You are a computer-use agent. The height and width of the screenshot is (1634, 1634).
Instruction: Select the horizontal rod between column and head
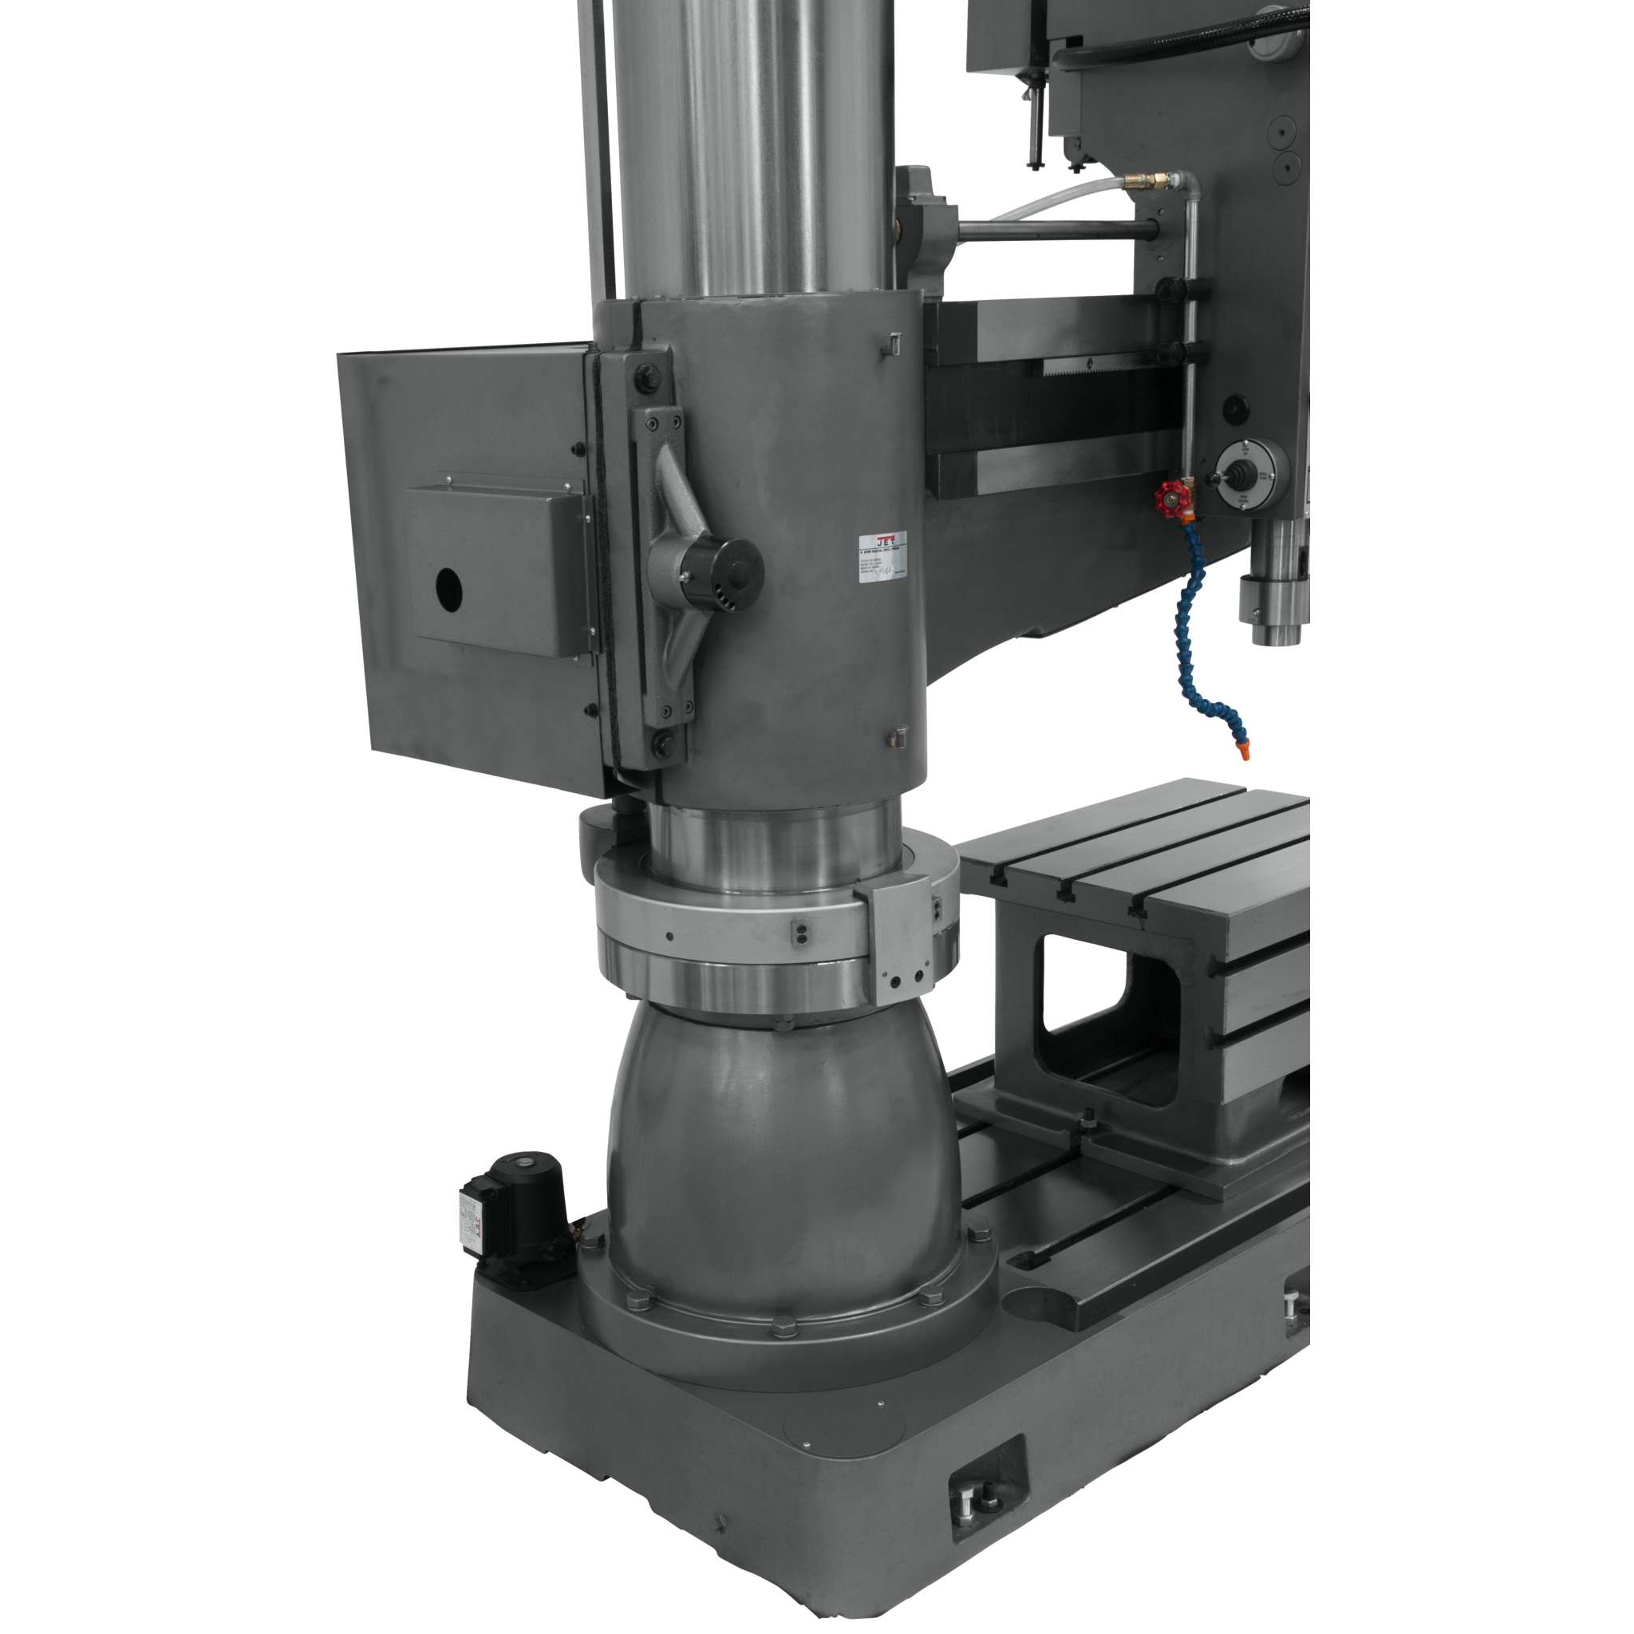pos(1057,228)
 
